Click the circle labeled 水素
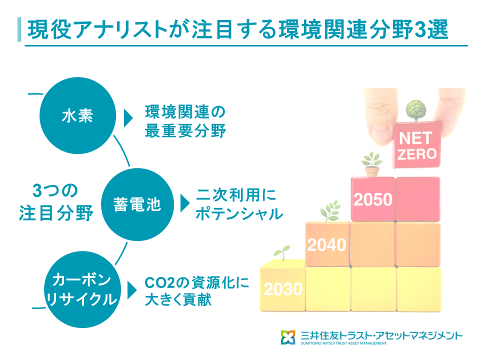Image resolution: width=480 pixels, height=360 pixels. (78, 115)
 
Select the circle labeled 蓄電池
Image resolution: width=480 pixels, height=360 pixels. (137, 204)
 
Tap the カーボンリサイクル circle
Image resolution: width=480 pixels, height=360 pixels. (82, 289)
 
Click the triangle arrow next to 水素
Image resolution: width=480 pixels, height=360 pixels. (128, 118)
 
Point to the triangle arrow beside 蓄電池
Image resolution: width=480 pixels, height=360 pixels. (185, 203)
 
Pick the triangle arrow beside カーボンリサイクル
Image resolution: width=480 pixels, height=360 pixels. (132, 290)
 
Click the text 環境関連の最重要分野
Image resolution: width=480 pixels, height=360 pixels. (185, 121)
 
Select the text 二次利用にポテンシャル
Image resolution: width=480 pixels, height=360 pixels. (239, 204)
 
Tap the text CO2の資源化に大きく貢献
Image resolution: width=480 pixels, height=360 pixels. (197, 291)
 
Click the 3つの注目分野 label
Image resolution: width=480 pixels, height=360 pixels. (56, 202)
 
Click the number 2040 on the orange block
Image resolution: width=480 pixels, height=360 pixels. (326, 245)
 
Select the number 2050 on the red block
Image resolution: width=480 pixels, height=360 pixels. (373, 199)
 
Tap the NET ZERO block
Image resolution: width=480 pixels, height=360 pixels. (417, 145)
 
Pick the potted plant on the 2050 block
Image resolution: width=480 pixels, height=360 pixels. (372, 164)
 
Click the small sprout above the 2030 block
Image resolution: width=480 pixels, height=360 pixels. (282, 253)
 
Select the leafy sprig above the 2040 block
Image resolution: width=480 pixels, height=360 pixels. (330, 210)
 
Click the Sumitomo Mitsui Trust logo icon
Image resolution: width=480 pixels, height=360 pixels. (288, 337)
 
